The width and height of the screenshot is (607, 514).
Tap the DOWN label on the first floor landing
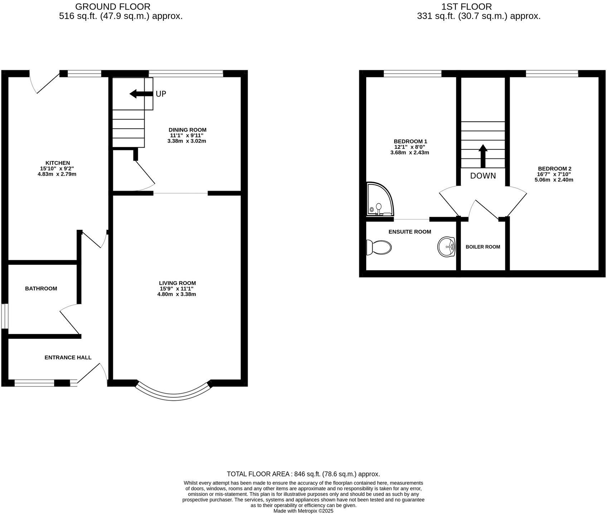coord(483,176)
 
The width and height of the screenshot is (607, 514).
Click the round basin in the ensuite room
coord(446,247)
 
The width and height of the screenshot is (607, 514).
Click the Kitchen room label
coord(58,163)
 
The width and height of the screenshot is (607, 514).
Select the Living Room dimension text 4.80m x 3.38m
coord(176,295)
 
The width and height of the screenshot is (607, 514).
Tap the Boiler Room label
coord(483,247)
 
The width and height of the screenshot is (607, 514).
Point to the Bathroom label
coord(41,289)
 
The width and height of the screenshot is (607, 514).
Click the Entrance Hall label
coord(68,357)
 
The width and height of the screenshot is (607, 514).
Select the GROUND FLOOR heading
coord(113,6)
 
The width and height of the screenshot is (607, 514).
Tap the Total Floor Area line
coord(303,474)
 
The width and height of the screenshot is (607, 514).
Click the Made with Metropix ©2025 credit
coord(303,511)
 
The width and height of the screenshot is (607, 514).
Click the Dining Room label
coord(187,130)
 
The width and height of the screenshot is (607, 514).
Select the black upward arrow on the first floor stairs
coord(483,156)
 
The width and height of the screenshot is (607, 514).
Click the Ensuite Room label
coord(410,232)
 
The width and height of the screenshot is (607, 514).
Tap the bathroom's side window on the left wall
coord(4,316)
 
